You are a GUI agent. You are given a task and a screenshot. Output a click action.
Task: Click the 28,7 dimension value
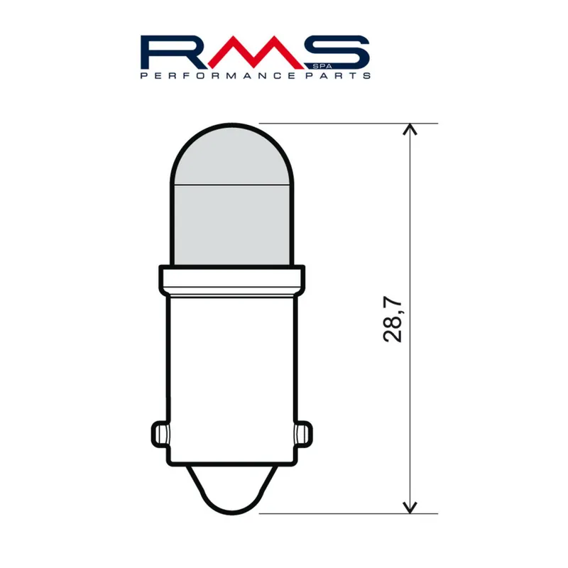click(x=393, y=317)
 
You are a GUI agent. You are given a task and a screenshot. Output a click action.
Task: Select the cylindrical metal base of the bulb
click(x=231, y=369)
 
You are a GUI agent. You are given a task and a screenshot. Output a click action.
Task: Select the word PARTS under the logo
click(x=342, y=75)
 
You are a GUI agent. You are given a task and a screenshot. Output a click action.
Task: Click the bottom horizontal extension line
click(x=341, y=512)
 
